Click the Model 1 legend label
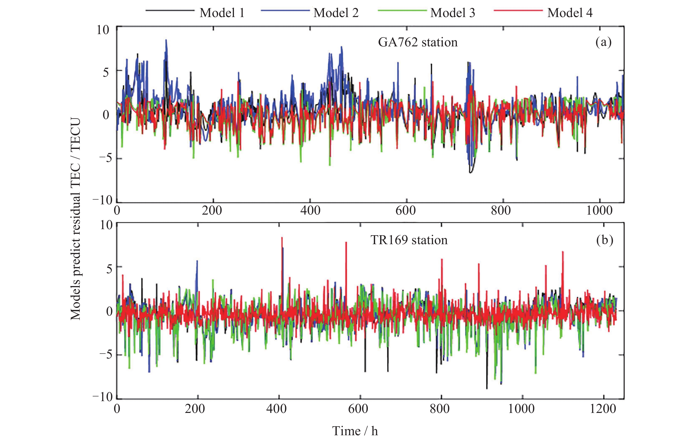pos(222,13)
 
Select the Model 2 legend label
pos(336,13)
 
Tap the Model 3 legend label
pos(453,13)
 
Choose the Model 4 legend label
pos(570,13)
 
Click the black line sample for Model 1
pos(170,11)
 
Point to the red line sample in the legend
pos(518,11)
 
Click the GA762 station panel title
pos(417,42)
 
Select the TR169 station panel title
pos(409,240)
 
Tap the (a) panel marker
pos(603,42)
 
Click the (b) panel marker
pos(604,240)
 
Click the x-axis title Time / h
pos(355,431)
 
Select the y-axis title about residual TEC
pos(75,219)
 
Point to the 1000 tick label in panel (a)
pos(599,211)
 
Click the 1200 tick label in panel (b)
pos(602,409)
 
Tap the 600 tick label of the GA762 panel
pos(405,211)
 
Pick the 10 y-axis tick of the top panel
pos(103,30)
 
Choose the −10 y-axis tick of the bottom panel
pos(103,397)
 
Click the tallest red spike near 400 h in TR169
pos(282,238)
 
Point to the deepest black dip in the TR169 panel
pos(487,388)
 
